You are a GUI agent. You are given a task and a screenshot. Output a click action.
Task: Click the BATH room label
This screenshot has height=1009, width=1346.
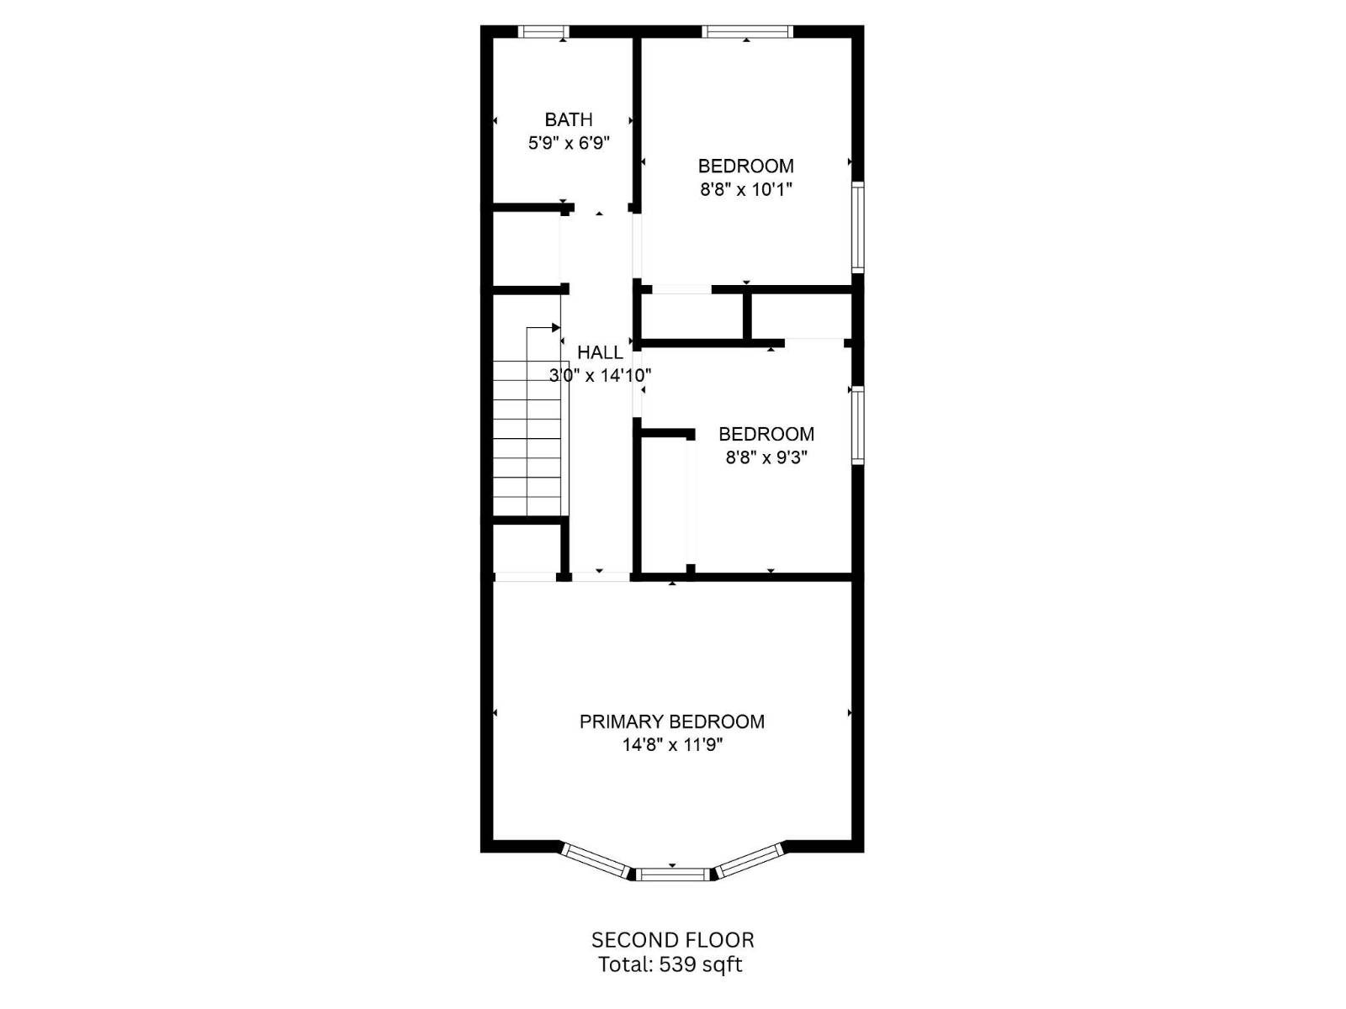(569, 120)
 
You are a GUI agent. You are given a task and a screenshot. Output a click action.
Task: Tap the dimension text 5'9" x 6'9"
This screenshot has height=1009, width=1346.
(569, 143)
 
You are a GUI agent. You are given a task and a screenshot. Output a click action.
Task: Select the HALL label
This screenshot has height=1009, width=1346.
(600, 352)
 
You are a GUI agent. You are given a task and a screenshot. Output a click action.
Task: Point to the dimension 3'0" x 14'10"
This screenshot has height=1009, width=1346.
(600, 375)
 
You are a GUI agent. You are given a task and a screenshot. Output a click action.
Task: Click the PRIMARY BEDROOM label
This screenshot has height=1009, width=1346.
(671, 721)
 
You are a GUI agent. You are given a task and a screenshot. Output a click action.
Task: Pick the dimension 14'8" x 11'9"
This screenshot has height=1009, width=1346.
(671, 745)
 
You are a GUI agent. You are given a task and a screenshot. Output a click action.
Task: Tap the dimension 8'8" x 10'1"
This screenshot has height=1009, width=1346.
(745, 189)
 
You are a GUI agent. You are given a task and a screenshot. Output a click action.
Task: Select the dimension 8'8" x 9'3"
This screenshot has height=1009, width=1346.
(766, 457)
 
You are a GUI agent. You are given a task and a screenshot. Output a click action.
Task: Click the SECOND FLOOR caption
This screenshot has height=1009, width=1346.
(672, 940)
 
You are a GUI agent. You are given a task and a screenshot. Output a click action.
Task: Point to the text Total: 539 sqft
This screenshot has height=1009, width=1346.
(670, 964)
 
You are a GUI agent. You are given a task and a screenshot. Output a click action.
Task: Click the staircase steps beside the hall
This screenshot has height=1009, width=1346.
(527, 437)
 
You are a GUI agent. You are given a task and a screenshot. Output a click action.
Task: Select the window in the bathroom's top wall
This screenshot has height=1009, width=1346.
(543, 32)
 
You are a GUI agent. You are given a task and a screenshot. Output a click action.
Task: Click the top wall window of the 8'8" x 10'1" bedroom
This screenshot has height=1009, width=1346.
(747, 32)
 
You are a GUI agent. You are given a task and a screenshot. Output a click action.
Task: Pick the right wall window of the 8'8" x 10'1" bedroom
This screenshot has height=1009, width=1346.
(857, 227)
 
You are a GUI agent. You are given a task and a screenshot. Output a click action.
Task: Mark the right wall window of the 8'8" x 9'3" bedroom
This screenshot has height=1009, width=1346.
(857, 425)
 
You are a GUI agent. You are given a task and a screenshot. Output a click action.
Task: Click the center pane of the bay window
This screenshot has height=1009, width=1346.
(672, 874)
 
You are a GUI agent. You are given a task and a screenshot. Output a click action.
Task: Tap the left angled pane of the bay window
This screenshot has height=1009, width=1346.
(596, 860)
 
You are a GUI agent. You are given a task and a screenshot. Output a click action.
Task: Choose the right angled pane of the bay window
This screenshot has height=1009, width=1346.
(749, 860)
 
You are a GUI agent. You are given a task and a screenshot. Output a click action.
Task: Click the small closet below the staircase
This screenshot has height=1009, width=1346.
(527, 549)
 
